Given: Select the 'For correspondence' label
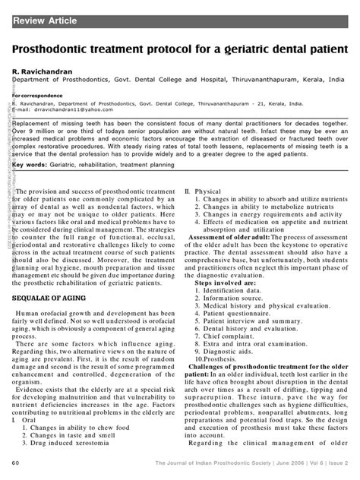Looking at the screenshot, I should (36, 95).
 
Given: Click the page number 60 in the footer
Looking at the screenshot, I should (15, 463).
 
